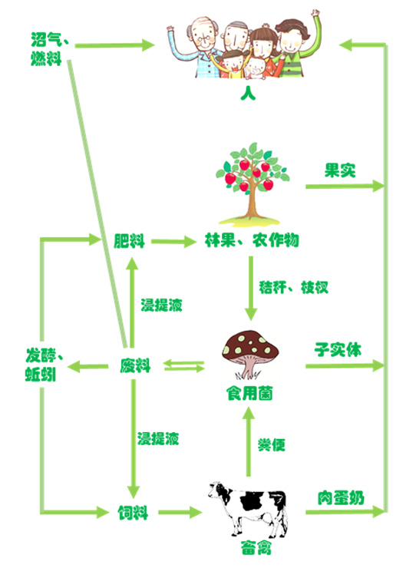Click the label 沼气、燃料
click(50, 49)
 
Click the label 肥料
click(130, 241)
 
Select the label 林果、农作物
click(252, 240)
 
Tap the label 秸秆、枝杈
click(293, 287)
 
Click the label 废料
click(135, 365)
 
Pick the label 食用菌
click(249, 393)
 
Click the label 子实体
click(338, 349)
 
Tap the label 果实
click(340, 170)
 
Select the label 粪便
click(272, 445)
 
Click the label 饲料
click(133, 513)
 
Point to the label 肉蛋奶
click(341, 498)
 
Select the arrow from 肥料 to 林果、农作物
click(174, 241)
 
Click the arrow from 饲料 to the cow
click(180, 512)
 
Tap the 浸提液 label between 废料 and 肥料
click(161, 305)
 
